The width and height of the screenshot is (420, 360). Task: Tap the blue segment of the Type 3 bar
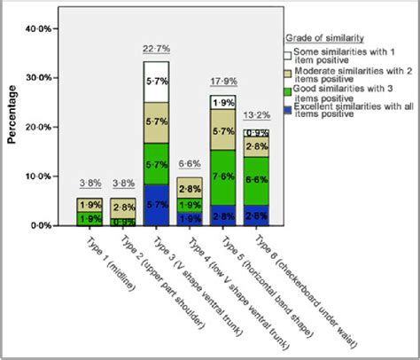(156, 204)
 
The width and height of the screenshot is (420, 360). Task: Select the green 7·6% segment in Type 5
(222, 176)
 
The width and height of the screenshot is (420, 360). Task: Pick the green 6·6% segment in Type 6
(256, 180)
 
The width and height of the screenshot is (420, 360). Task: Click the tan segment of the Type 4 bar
(189, 189)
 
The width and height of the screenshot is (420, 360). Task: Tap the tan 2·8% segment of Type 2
(122, 207)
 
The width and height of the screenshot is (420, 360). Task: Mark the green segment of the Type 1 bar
(89, 218)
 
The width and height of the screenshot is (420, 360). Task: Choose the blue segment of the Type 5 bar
(222, 215)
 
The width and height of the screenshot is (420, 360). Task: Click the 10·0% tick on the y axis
(39, 177)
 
